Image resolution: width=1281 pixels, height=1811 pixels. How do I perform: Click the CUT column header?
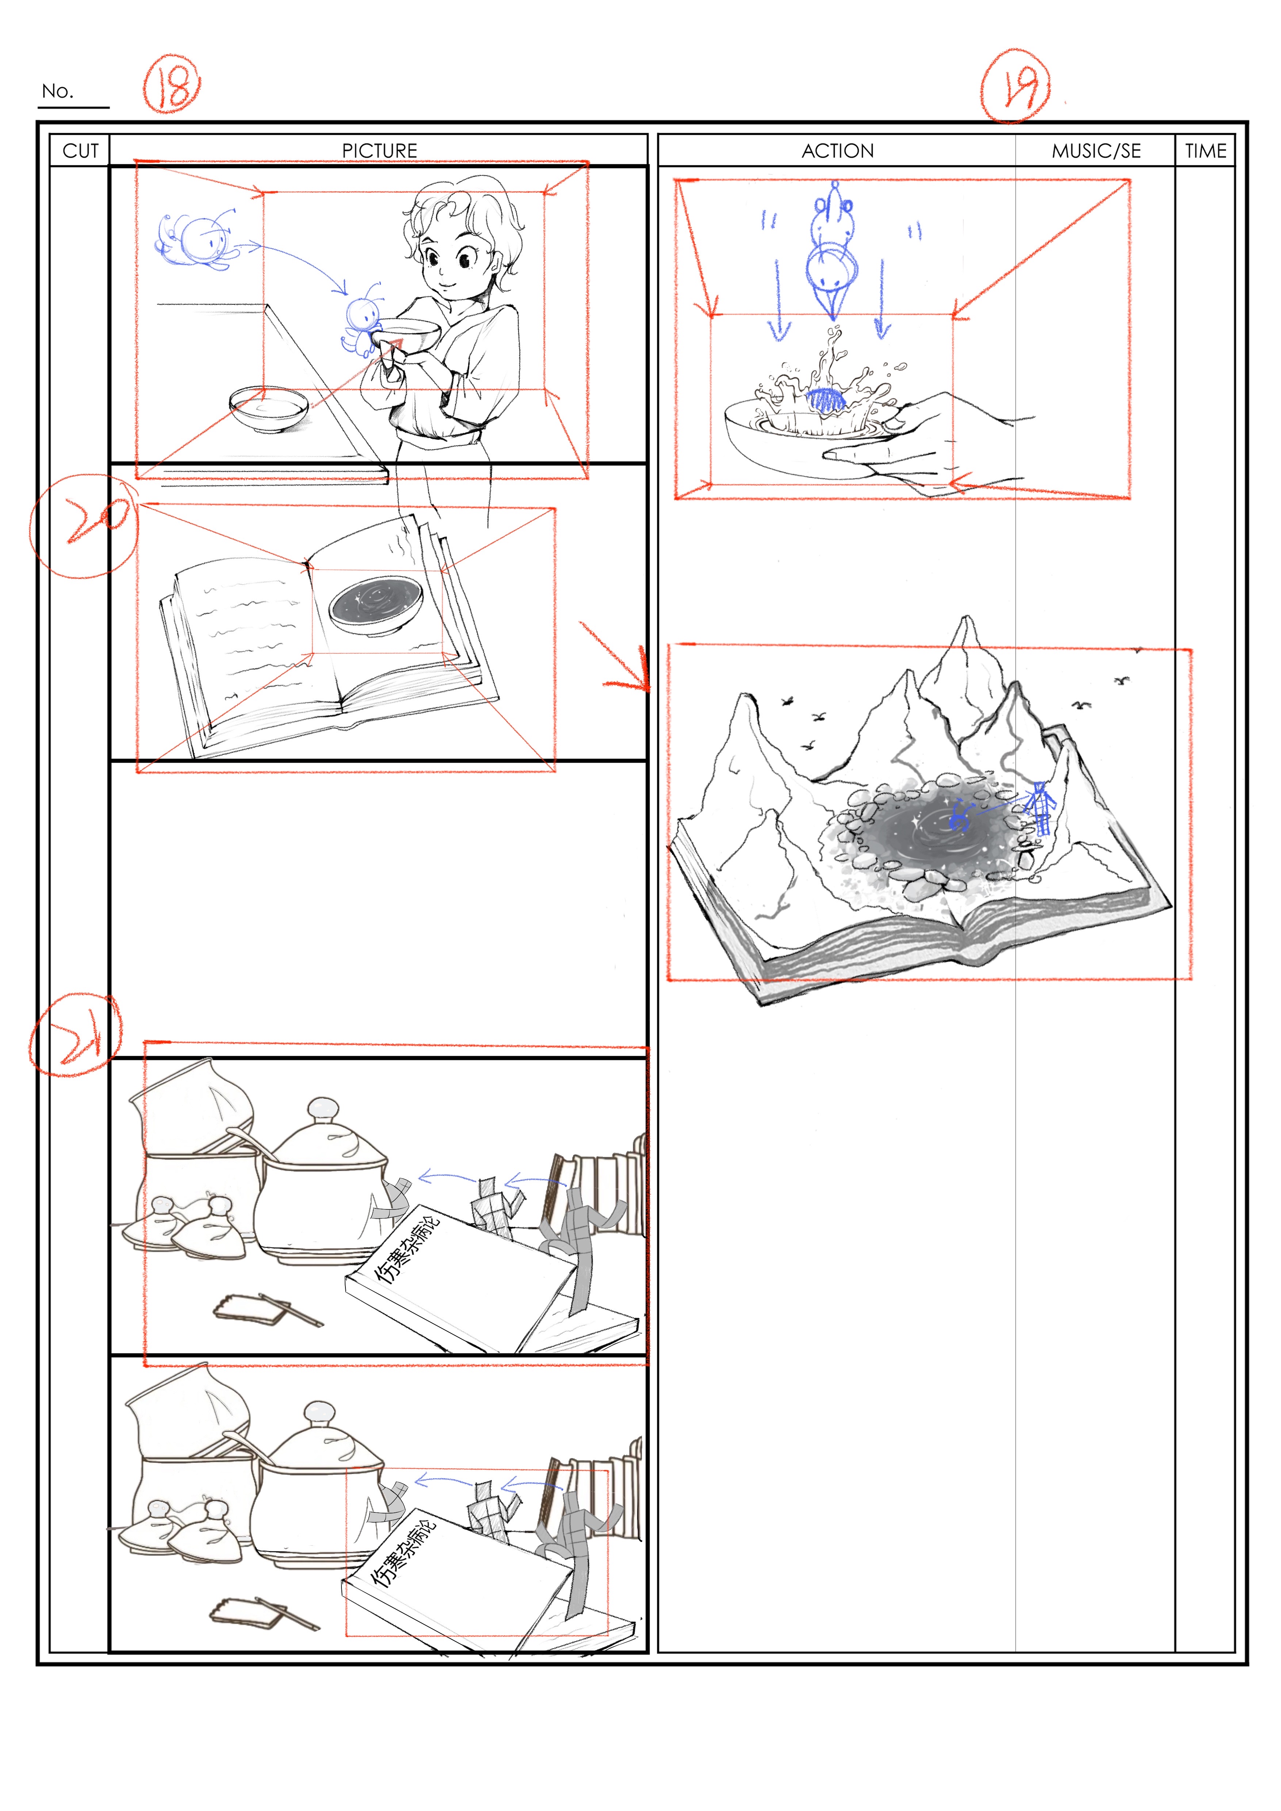80,151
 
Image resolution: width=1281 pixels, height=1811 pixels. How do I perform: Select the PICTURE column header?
379,151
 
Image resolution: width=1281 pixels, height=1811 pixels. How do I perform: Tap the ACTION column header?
838,151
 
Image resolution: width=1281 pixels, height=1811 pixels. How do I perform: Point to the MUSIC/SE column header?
1097,151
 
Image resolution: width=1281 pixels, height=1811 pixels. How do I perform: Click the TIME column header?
1205,151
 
